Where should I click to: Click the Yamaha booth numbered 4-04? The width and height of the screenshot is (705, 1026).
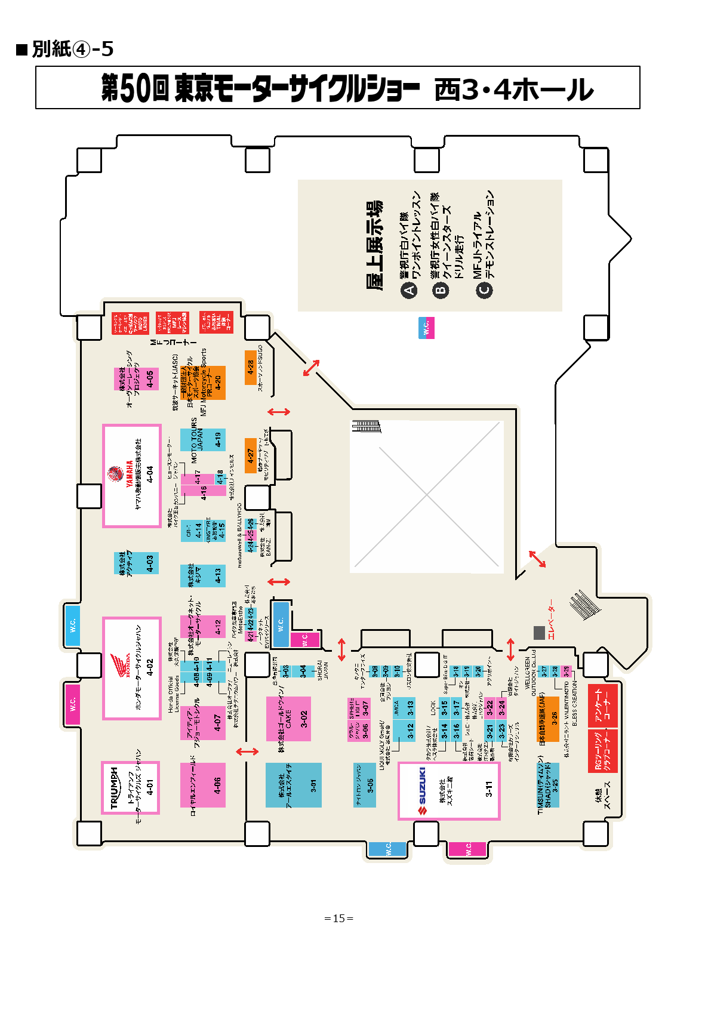132,476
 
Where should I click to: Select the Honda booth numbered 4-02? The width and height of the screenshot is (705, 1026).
132,668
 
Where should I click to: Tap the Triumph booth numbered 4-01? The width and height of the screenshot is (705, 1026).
130,787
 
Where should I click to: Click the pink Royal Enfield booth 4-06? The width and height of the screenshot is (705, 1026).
203,785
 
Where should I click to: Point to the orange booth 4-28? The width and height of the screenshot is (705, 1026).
251,367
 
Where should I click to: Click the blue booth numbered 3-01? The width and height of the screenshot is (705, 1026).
294,785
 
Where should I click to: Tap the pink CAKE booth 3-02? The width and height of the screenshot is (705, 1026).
289,719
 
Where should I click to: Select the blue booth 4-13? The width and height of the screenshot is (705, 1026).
204,576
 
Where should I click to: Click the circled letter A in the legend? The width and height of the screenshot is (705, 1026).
409,291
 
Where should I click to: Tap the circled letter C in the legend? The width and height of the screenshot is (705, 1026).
484,290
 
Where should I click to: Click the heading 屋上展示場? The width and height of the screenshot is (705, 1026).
374,245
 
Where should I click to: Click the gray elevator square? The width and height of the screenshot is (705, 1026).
539,633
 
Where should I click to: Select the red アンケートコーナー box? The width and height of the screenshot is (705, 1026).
603,705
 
